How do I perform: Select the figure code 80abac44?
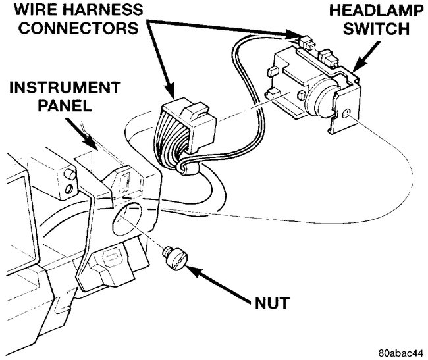pos(400,352)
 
